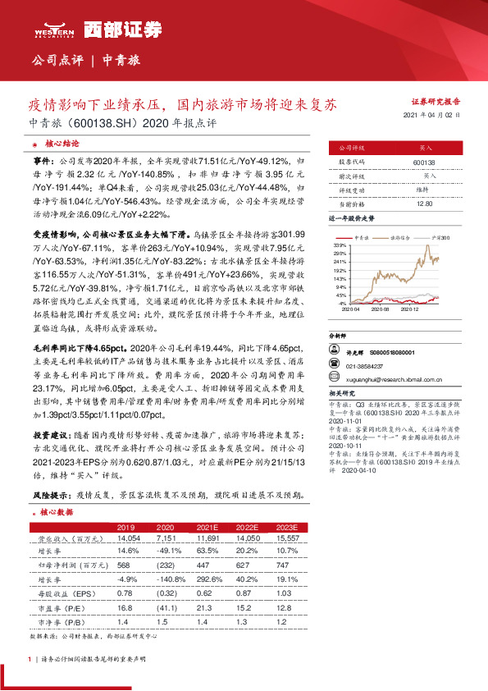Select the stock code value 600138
(426, 162)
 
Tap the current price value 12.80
(424, 203)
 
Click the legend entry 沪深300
(443, 237)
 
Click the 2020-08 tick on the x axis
(381, 309)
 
